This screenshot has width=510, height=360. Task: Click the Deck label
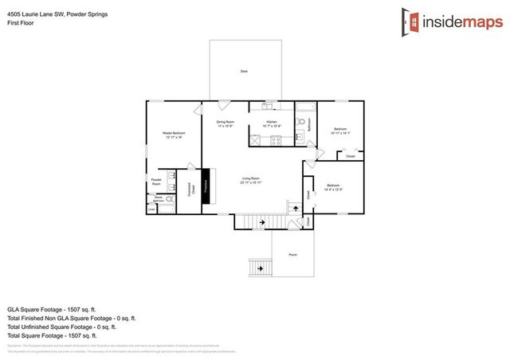(244, 72)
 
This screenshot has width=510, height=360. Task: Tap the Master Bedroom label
(173, 135)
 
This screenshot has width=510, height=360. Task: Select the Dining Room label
(225, 123)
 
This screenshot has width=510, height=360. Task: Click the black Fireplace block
(206, 188)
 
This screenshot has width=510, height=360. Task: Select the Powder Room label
(156, 182)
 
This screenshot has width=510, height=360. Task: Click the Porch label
(292, 255)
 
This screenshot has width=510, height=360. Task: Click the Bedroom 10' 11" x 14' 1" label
(340, 131)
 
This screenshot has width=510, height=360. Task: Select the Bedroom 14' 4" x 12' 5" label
(333, 188)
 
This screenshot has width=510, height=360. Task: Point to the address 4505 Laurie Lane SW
(53, 14)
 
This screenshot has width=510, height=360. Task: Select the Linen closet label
(151, 209)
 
